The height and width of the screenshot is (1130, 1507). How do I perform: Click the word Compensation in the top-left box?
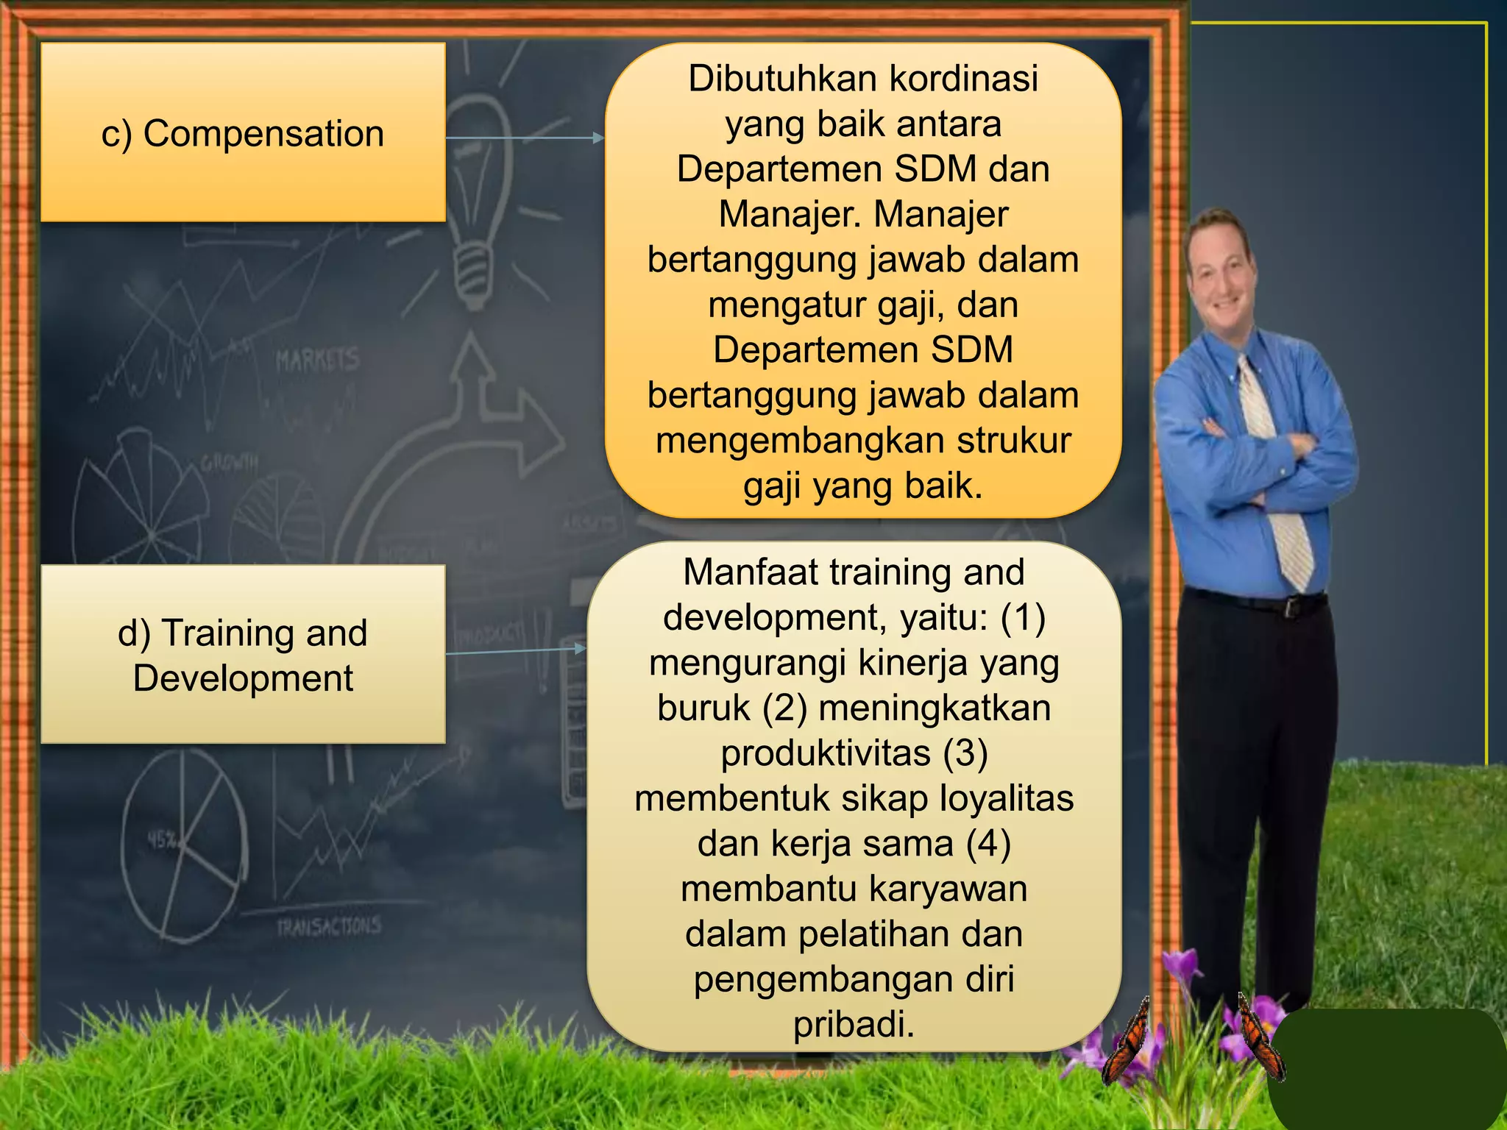(263, 134)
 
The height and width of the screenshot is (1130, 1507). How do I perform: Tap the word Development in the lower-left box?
(243, 678)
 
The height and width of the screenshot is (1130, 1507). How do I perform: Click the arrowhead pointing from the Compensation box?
(598, 138)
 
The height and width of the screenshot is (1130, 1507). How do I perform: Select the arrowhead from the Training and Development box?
(581, 648)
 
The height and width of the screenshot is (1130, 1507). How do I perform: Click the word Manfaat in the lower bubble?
(742, 572)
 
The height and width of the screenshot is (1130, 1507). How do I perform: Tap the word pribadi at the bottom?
(854, 1024)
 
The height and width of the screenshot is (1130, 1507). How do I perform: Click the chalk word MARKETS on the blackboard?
(317, 360)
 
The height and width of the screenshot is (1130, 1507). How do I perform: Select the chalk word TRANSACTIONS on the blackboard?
(329, 926)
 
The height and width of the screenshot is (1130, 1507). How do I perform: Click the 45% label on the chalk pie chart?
(161, 839)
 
